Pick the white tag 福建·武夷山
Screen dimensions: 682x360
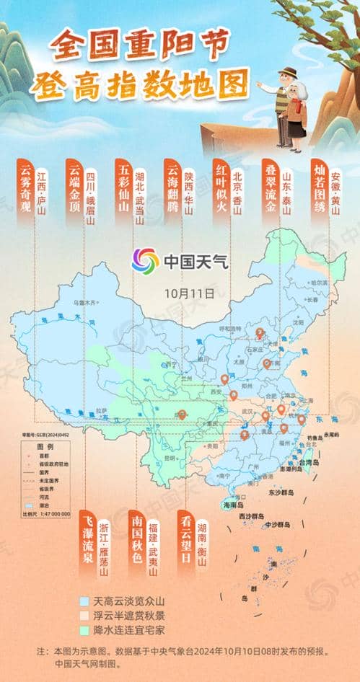(152, 546)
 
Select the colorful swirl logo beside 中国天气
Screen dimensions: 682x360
(146, 260)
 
